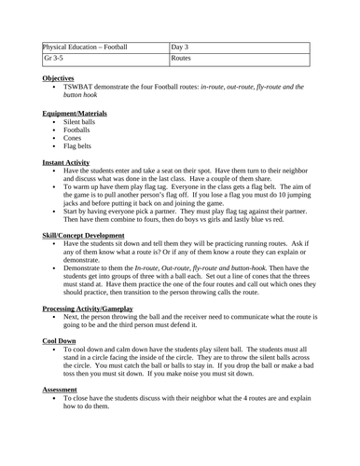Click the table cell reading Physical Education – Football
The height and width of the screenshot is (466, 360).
[85, 46]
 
